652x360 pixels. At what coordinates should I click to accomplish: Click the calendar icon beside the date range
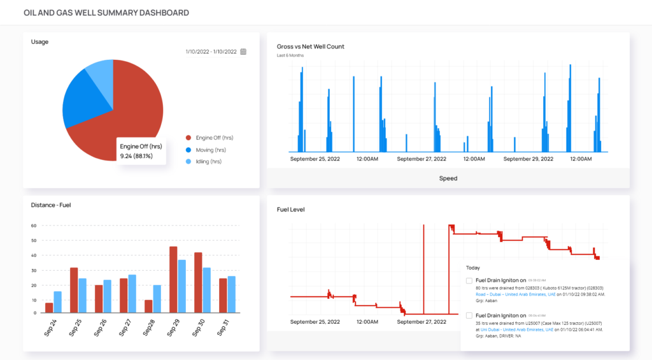(x=243, y=52)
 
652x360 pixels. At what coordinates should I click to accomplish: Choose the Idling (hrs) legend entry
(x=209, y=162)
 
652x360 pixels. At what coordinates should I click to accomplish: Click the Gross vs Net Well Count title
(x=311, y=47)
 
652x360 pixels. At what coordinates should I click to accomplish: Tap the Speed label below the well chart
(x=448, y=178)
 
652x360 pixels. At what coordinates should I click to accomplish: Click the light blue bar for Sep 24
(x=58, y=302)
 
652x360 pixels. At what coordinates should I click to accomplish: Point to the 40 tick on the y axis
(x=34, y=255)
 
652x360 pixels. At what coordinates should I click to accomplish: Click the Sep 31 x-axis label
(x=221, y=327)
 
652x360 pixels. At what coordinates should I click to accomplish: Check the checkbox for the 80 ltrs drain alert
(x=469, y=280)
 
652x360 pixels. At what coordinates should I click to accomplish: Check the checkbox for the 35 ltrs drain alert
(x=469, y=315)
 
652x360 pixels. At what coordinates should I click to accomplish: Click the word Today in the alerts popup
(x=473, y=268)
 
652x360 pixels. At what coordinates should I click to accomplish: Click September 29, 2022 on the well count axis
(x=528, y=159)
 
